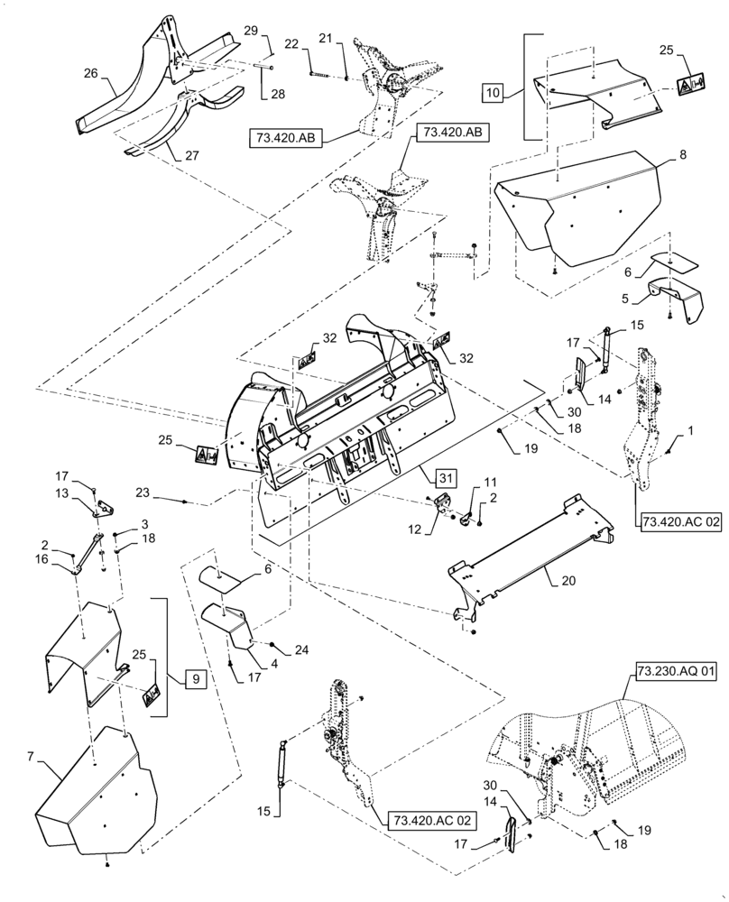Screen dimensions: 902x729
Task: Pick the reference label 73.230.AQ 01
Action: click(x=666, y=673)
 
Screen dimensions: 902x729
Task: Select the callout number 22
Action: click(x=292, y=43)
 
